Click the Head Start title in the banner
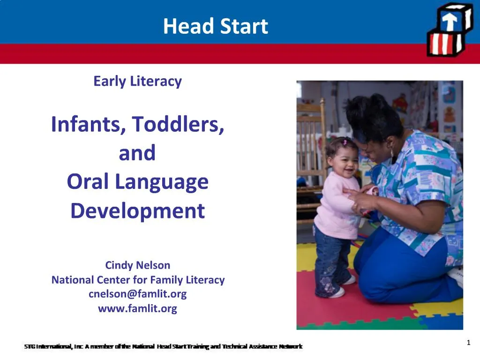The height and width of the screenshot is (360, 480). point(215,26)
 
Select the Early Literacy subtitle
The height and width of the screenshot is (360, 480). point(137,81)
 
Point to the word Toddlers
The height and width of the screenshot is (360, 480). point(178,125)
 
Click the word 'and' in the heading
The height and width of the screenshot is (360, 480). point(137,153)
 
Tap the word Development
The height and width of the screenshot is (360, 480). point(137,211)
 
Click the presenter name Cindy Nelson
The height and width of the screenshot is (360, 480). point(137,265)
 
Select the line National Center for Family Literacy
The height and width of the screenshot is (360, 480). point(138,280)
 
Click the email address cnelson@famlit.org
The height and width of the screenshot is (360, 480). point(137,294)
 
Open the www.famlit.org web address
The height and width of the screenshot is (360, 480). point(137,308)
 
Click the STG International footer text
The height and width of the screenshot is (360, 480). point(163,347)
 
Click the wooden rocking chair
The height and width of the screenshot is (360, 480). point(311,141)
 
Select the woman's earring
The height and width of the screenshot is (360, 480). point(392,152)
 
